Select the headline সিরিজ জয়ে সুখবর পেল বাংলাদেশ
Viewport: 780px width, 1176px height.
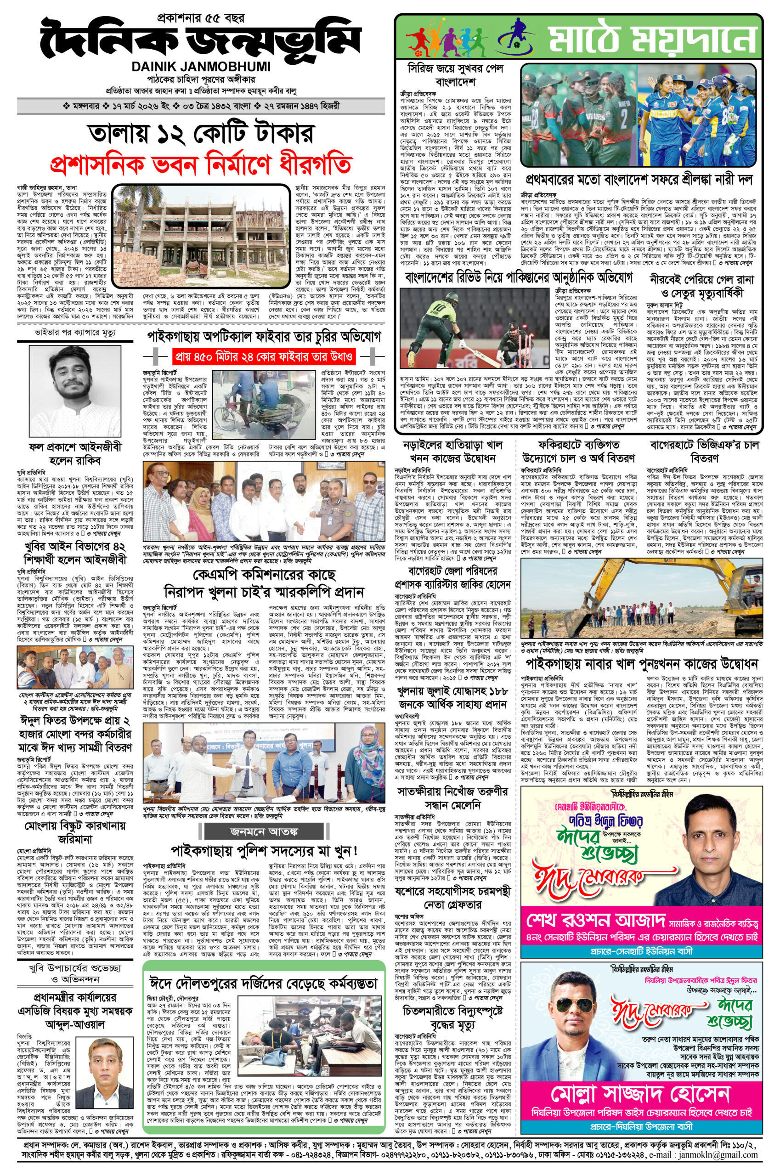pyautogui.click(x=456, y=74)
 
